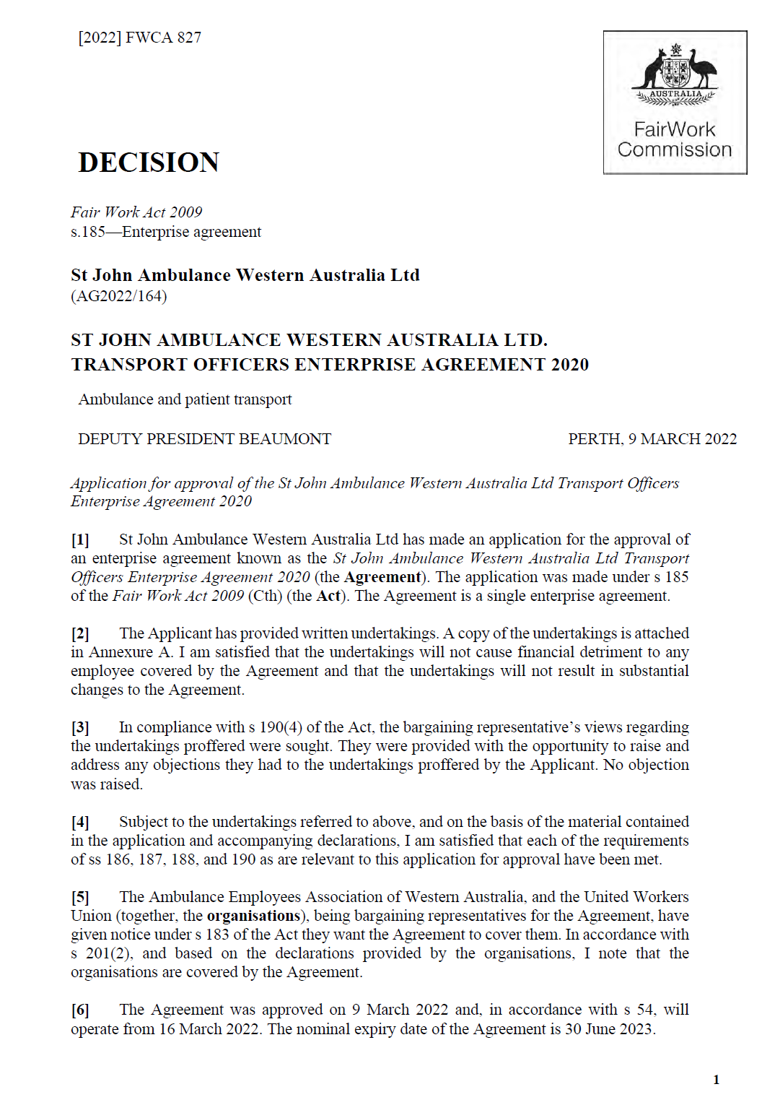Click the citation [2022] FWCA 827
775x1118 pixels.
click(139, 38)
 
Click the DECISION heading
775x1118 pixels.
click(149, 162)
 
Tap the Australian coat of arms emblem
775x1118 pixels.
click(675, 75)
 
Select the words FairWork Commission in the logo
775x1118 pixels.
click(675, 139)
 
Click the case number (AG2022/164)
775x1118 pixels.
click(119, 296)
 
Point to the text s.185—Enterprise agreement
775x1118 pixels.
click(166, 232)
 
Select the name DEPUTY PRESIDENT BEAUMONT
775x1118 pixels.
click(204, 439)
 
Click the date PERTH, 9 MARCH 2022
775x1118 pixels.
click(652, 439)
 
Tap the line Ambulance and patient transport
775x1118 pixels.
click(185, 399)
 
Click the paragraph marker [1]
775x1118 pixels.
click(80, 540)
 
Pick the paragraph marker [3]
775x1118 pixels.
click(80, 728)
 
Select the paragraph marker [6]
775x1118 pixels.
click(80, 1010)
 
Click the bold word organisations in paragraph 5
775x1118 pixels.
click(253, 916)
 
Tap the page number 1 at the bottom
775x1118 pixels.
click(716, 1080)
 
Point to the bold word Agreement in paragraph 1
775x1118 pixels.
click(382, 577)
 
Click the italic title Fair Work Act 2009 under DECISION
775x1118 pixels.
click(136, 212)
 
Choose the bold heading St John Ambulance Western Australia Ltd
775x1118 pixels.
click(245, 275)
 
